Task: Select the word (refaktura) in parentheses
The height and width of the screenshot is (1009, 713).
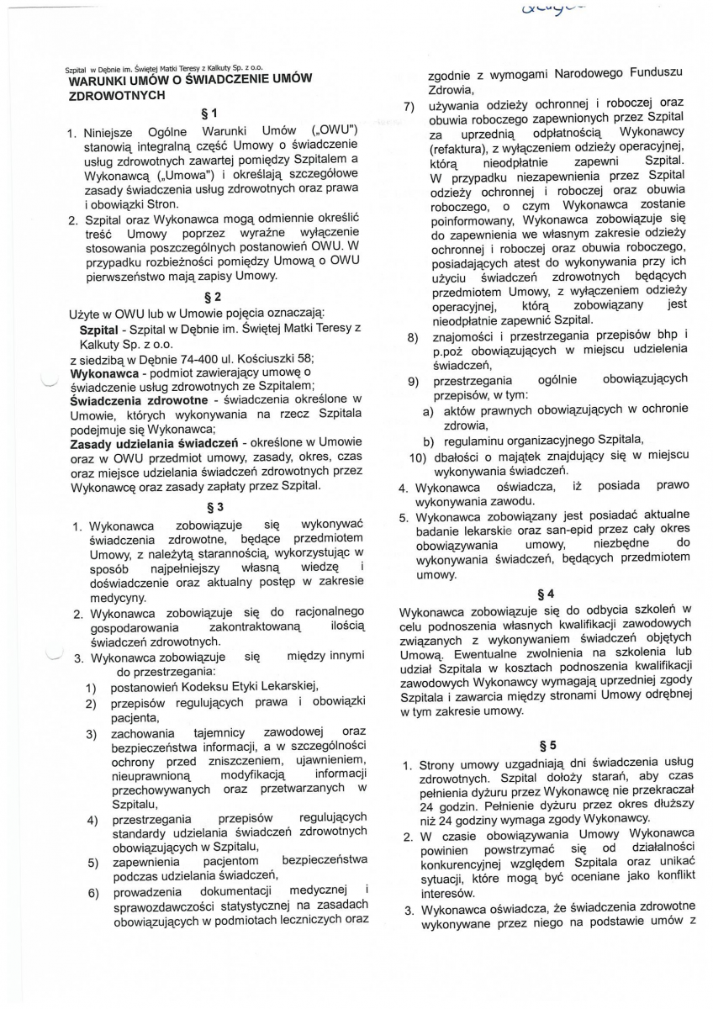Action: pyautogui.click(x=459, y=146)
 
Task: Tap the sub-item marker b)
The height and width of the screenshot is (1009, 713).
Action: pyautogui.click(x=428, y=440)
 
